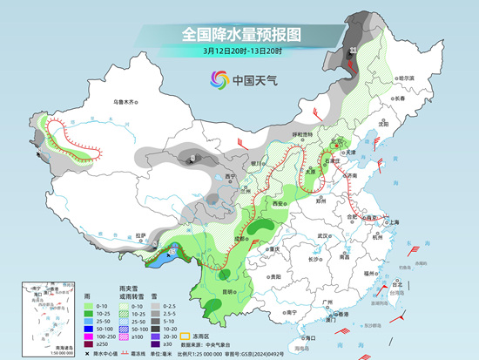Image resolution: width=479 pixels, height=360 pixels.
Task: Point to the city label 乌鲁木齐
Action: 125,103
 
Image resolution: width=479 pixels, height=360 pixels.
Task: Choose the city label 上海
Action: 394,222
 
